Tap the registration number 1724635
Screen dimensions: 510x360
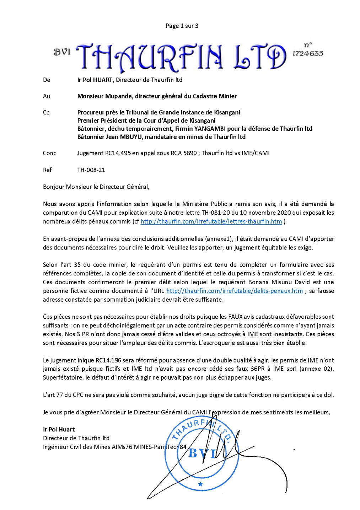pyautogui.click(x=307, y=53)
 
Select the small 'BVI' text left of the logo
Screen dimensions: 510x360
pyautogui.click(x=62, y=52)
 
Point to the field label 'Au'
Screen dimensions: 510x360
pyautogui.click(x=47, y=96)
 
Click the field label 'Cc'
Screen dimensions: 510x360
pyautogui.click(x=46, y=113)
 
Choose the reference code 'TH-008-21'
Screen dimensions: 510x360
pyautogui.click(x=91, y=170)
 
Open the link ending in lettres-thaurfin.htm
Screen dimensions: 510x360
pyautogui.click(x=211, y=221)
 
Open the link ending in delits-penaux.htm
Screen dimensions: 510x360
pyautogui.click(x=235, y=291)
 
